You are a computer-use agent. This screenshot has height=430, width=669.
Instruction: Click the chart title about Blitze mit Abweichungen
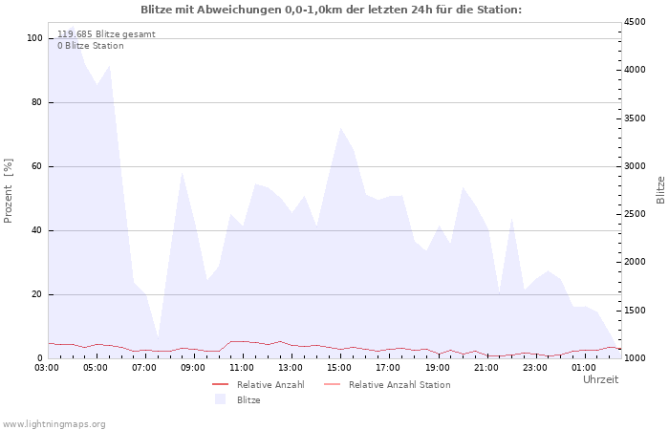tap(331, 10)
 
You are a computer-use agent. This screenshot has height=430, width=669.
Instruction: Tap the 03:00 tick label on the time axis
tap(47, 368)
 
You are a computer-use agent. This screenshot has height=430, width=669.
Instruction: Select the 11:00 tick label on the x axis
tap(242, 368)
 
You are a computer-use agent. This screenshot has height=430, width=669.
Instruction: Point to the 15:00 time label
tap(339, 368)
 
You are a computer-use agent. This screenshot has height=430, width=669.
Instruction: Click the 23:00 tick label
tap(534, 368)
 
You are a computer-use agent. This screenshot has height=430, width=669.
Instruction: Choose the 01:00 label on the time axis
tap(583, 368)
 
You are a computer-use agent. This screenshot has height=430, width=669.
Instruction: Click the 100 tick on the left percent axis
tap(35, 38)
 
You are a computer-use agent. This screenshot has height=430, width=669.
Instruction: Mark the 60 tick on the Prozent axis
tap(37, 166)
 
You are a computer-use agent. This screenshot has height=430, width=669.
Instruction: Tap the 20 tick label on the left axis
tap(37, 294)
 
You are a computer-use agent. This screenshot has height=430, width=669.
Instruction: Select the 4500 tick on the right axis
tap(635, 22)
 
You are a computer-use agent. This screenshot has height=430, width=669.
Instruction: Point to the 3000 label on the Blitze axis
tap(635, 166)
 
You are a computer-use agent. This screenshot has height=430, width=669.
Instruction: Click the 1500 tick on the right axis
tap(635, 311)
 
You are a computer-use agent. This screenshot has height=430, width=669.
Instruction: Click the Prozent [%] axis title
tap(9, 191)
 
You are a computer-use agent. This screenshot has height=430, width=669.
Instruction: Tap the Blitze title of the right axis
tap(660, 190)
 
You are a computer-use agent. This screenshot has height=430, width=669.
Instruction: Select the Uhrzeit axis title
tap(601, 379)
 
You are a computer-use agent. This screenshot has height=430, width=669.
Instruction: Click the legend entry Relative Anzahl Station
tap(399, 385)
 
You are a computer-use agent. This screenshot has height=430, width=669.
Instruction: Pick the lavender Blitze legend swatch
tap(220, 399)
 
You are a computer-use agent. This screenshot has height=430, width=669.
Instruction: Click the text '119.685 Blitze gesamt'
tap(106, 34)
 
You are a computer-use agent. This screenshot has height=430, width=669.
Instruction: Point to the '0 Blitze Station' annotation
tap(91, 46)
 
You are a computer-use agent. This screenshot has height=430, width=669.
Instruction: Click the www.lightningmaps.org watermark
tap(53, 424)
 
